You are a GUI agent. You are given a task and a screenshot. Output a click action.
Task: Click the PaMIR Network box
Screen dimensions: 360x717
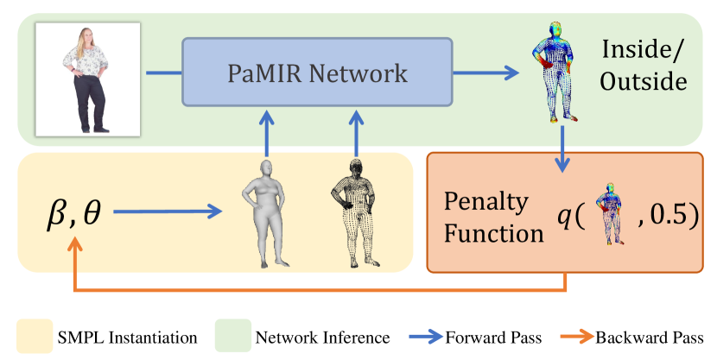tap(316, 73)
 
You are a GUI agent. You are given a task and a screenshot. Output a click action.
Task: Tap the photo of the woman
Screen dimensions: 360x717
tap(88, 79)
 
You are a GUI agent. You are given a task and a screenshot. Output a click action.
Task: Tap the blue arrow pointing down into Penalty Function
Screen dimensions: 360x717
tap(563, 150)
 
